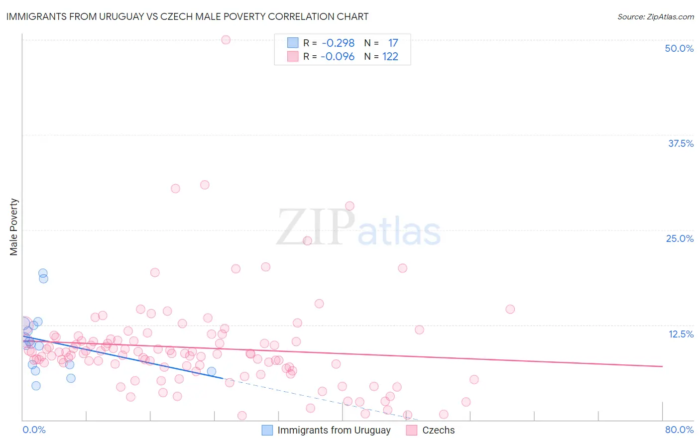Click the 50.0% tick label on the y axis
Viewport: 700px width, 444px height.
[679, 48]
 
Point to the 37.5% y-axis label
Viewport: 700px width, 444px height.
[681, 143]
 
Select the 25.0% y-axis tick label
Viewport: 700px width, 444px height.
[680, 238]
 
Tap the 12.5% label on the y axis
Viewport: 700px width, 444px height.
[681, 334]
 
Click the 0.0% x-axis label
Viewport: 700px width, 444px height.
[34, 430]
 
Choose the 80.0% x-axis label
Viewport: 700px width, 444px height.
[679, 430]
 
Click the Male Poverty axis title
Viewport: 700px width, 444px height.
[14, 227]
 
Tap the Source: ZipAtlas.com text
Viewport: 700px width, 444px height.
[655, 16]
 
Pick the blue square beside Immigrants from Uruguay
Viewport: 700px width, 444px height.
[267, 430]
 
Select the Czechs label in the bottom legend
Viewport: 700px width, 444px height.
[438, 430]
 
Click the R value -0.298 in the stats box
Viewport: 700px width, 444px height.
[338, 43]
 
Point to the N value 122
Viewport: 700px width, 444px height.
[390, 56]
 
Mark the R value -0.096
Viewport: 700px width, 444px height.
[338, 56]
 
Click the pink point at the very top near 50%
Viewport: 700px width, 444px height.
[226, 40]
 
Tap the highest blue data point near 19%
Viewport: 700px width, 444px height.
[43, 273]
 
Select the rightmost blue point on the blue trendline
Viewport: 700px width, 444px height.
[212, 371]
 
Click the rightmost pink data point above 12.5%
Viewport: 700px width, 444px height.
[510, 309]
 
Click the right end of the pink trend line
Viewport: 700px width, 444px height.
[662, 366]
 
